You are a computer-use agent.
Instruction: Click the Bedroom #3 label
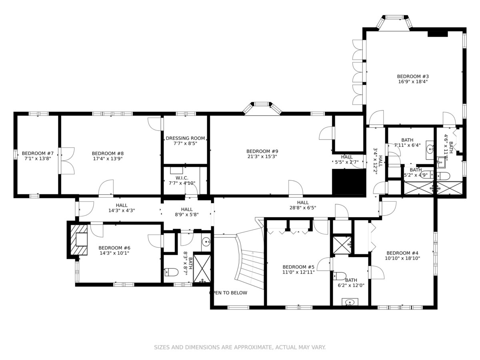tap(413, 76)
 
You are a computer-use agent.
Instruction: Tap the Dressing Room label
tap(185, 138)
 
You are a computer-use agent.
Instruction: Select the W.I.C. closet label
tap(182, 178)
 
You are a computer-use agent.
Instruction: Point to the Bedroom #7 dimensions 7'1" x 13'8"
tap(38, 158)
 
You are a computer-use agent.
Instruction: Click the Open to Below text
tap(228, 293)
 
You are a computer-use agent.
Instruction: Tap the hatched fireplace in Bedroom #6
tap(79, 240)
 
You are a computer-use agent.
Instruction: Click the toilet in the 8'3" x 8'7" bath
tap(171, 272)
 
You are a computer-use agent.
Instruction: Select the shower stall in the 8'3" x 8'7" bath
tap(202, 268)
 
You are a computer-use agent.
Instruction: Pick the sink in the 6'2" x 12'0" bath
tap(350, 302)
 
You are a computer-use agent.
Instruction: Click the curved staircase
tap(250, 260)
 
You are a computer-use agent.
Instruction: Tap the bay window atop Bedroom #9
tap(262, 108)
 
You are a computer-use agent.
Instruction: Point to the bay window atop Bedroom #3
tap(394, 22)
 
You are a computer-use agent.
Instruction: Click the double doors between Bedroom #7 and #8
tap(67, 161)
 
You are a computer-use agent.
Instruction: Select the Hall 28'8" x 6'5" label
tap(303, 205)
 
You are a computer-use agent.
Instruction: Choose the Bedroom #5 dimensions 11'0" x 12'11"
tap(298, 272)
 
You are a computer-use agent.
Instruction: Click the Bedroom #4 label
tap(402, 253)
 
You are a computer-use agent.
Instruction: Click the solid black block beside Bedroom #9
tap(349, 182)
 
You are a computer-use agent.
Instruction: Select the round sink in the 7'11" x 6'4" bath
tap(430, 150)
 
